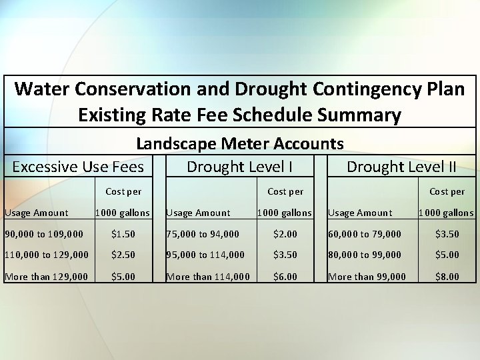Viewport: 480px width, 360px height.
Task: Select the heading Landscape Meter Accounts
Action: [x=240, y=143]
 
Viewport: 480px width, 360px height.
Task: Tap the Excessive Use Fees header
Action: [x=78, y=166]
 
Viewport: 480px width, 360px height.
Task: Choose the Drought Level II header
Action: [x=401, y=166]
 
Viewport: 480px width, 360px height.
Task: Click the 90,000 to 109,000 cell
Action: [x=44, y=234]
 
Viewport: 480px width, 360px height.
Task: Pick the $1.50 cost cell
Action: [x=123, y=234]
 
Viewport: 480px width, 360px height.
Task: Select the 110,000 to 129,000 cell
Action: [x=47, y=255]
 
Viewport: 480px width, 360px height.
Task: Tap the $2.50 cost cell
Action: [x=123, y=255]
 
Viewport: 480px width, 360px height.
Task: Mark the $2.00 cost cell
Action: [x=285, y=234]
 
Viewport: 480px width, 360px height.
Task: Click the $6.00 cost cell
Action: [x=285, y=277]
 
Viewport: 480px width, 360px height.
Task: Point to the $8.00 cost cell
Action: [x=447, y=277]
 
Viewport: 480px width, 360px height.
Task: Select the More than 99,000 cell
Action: [x=367, y=277]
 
